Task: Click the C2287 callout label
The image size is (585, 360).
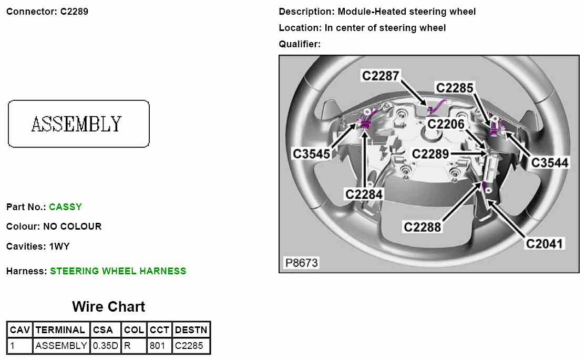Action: (x=381, y=76)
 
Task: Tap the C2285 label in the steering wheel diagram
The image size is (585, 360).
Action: (x=455, y=87)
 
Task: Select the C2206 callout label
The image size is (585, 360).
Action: (x=446, y=124)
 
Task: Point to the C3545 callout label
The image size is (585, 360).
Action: (x=312, y=154)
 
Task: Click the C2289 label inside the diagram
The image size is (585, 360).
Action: (x=430, y=154)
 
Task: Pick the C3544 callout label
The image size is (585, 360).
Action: (x=550, y=162)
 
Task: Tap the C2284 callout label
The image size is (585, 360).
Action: (x=364, y=194)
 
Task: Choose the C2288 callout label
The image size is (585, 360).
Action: (x=423, y=227)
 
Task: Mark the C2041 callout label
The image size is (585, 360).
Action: (x=545, y=243)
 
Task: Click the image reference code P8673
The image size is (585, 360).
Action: (x=302, y=263)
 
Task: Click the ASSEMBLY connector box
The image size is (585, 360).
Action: (x=79, y=124)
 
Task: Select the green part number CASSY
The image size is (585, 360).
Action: (x=66, y=207)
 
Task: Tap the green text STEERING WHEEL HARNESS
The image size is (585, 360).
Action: (x=118, y=271)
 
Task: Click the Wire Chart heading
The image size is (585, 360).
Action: (x=108, y=307)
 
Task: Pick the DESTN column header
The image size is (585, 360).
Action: (x=191, y=330)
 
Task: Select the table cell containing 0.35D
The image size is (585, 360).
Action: (x=106, y=346)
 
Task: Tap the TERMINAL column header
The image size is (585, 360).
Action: (x=60, y=330)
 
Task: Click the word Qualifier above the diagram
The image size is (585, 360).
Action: (x=299, y=44)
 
